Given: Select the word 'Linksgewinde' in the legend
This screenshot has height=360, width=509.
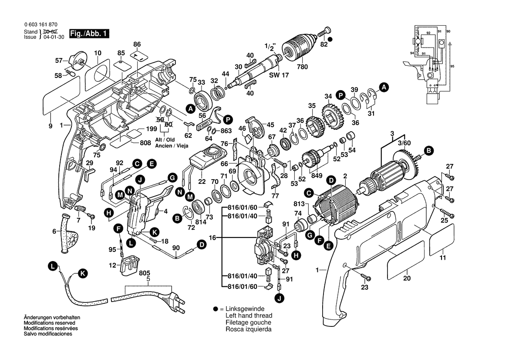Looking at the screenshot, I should (244, 309).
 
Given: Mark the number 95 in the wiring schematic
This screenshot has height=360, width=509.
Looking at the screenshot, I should (452, 66).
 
